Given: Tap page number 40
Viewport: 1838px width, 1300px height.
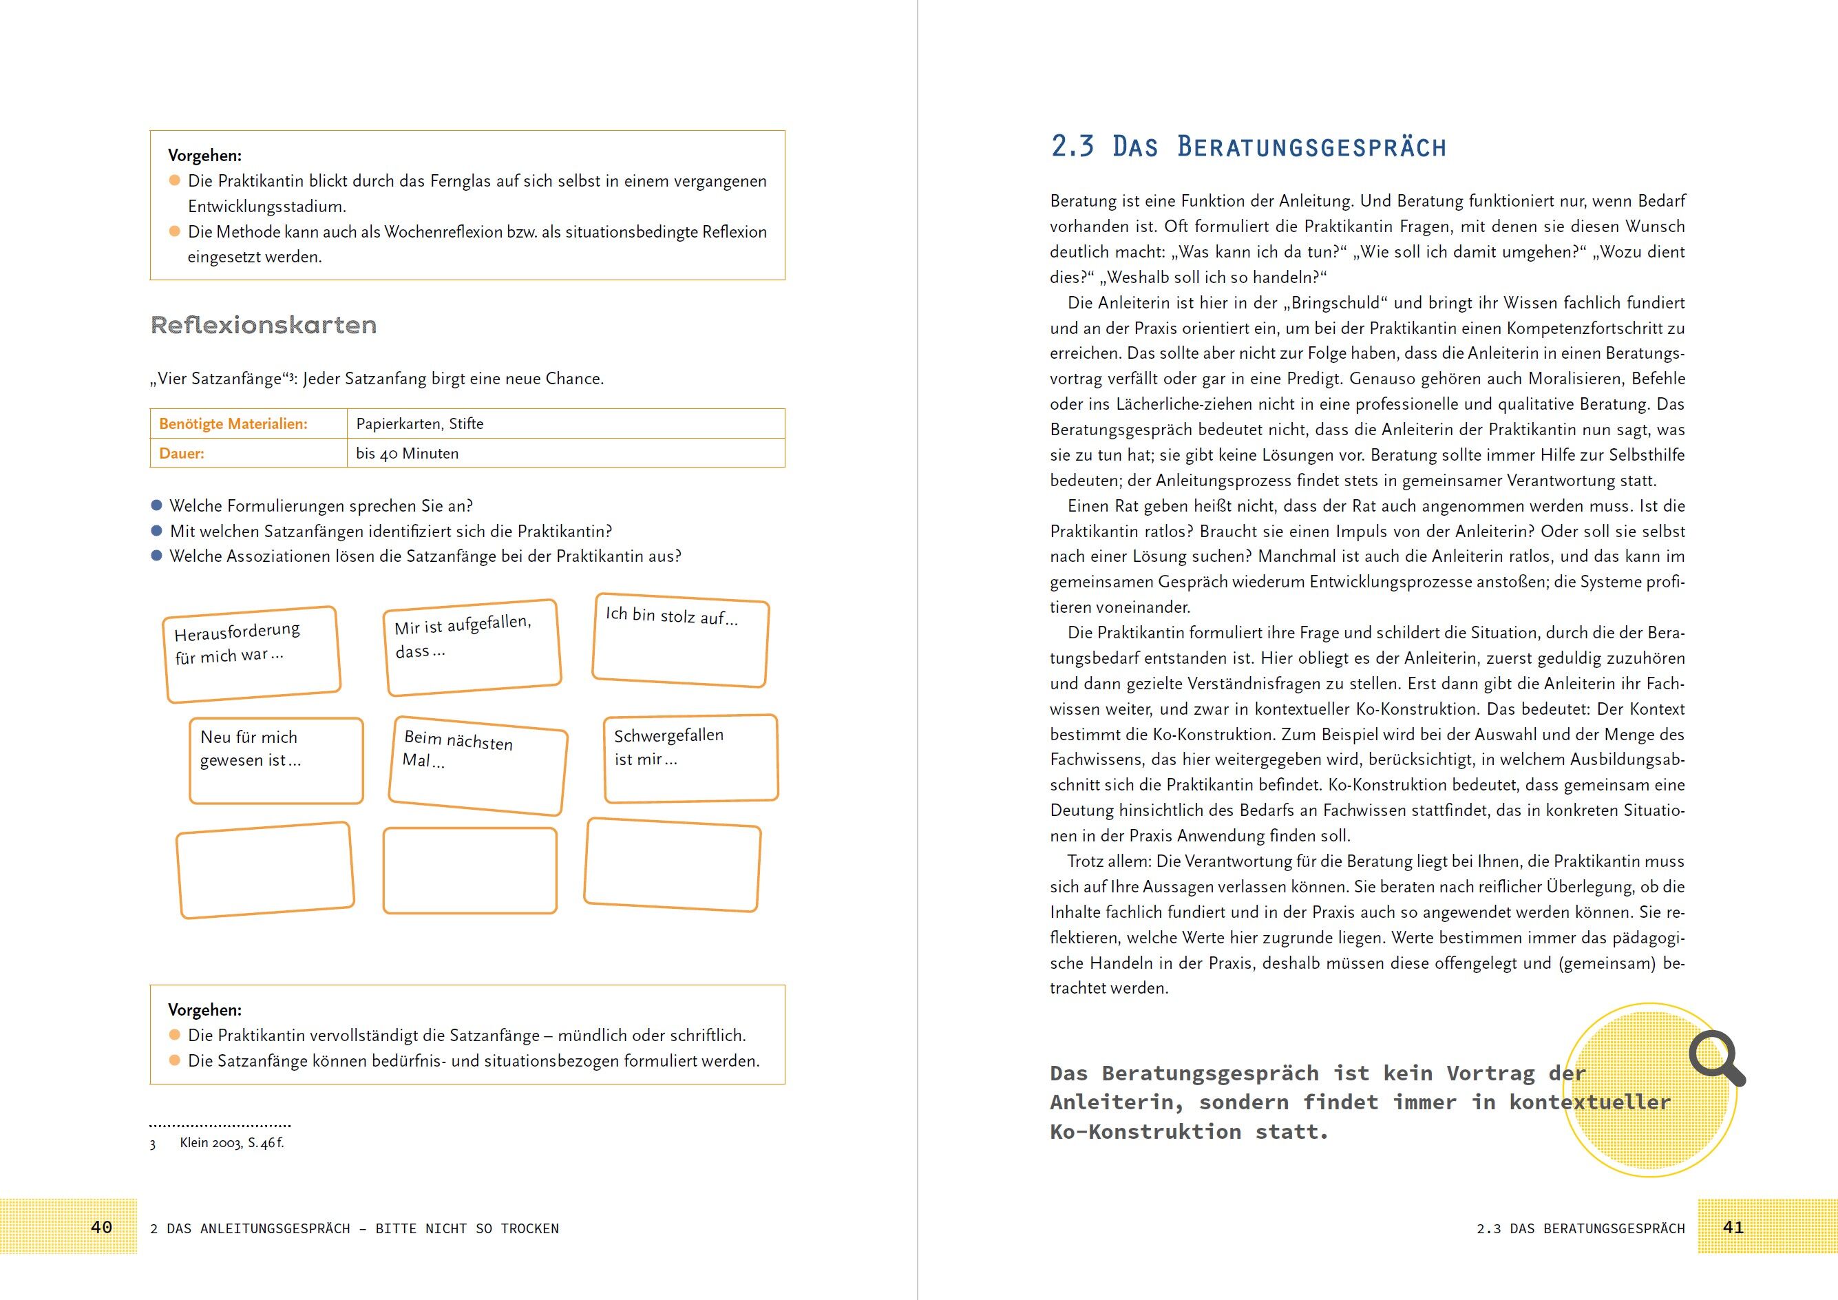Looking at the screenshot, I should click(x=102, y=1227).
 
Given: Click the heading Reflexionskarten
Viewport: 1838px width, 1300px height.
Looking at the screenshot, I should click(x=264, y=325).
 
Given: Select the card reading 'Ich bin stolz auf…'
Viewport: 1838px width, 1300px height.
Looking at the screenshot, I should click(x=680, y=640).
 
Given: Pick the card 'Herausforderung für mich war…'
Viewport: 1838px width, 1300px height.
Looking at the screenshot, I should click(x=252, y=654).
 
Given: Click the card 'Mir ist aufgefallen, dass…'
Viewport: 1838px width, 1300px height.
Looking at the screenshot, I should click(x=472, y=647).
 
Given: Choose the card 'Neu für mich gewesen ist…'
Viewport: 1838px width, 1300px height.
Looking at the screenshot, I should click(x=276, y=759).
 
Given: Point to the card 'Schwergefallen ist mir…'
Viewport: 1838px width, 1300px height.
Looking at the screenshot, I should click(x=690, y=758).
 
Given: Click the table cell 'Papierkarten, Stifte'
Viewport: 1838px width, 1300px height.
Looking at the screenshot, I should click(x=419, y=423).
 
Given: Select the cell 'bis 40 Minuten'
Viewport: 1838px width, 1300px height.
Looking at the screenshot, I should click(x=408, y=453).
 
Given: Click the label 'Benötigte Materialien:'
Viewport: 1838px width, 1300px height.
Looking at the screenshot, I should click(x=233, y=423).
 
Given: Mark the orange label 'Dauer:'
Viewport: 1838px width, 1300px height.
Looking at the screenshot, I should click(x=182, y=453).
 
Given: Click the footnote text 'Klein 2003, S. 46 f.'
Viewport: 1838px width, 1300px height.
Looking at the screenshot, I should click(x=231, y=1142).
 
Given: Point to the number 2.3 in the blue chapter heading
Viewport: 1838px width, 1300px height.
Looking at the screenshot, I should click(x=1072, y=147).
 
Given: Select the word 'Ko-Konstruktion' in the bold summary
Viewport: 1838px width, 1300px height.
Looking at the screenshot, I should click(x=1145, y=1132).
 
